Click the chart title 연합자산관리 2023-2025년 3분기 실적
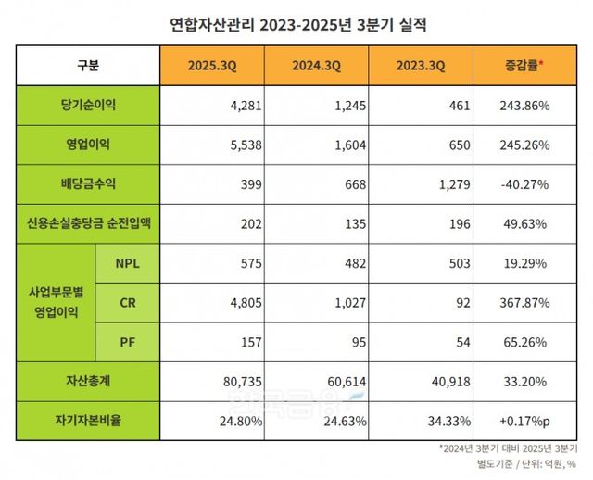point(296,24)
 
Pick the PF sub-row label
point(128,341)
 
